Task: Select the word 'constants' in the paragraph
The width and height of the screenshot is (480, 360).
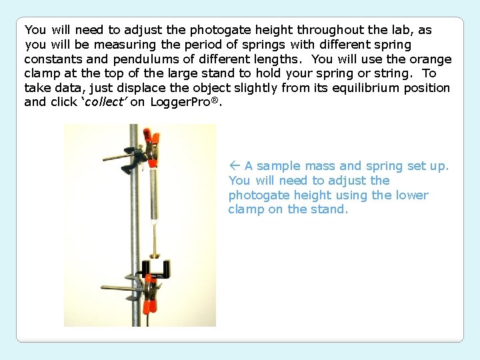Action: [50, 59]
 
